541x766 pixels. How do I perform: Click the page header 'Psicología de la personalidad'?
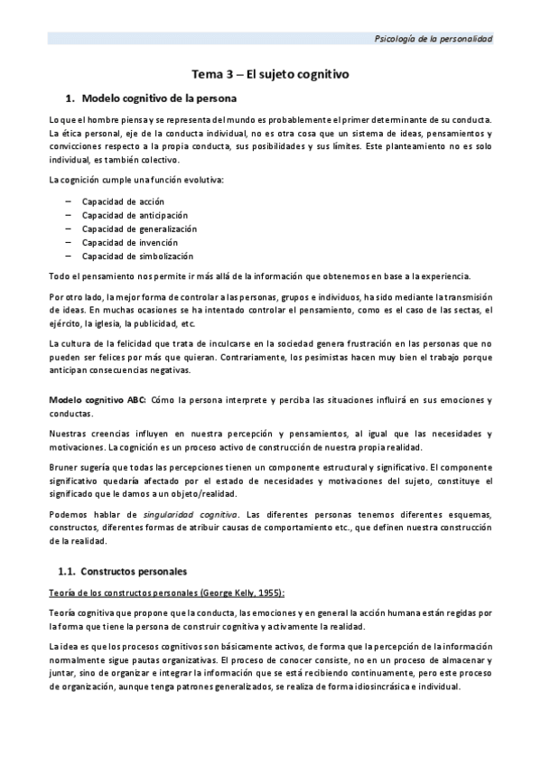pos(434,38)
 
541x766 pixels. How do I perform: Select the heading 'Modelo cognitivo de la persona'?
pos(159,97)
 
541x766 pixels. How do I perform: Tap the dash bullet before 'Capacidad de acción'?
pos(70,201)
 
